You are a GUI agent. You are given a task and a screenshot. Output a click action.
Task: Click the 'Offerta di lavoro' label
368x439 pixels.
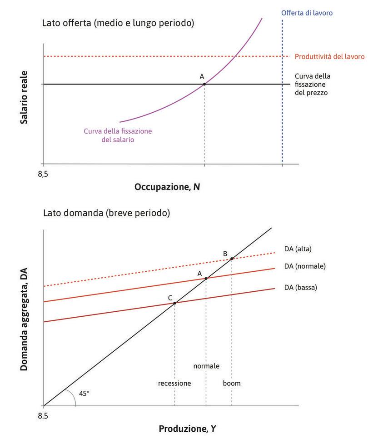point(307,13)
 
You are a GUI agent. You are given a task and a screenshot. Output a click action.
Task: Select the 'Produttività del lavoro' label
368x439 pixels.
point(329,57)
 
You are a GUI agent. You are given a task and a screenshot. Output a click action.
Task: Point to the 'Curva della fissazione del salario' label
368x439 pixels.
point(118,135)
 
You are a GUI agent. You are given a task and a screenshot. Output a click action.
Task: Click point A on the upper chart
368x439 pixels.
point(204,84)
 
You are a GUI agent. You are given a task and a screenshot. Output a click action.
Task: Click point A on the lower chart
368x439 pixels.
point(206,279)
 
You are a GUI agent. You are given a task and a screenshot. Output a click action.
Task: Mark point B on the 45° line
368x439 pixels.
point(232,259)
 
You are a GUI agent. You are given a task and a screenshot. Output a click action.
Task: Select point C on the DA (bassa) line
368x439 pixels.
point(175,303)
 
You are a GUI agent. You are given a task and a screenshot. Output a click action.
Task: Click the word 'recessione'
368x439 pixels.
point(174,383)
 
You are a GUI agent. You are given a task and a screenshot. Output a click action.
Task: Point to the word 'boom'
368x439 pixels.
point(232,383)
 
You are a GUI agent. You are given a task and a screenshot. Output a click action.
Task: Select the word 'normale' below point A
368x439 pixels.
point(206,366)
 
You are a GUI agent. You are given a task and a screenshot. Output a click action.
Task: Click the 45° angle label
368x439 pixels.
point(84,393)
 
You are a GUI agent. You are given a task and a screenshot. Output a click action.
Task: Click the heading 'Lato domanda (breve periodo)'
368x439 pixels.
point(106,213)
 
